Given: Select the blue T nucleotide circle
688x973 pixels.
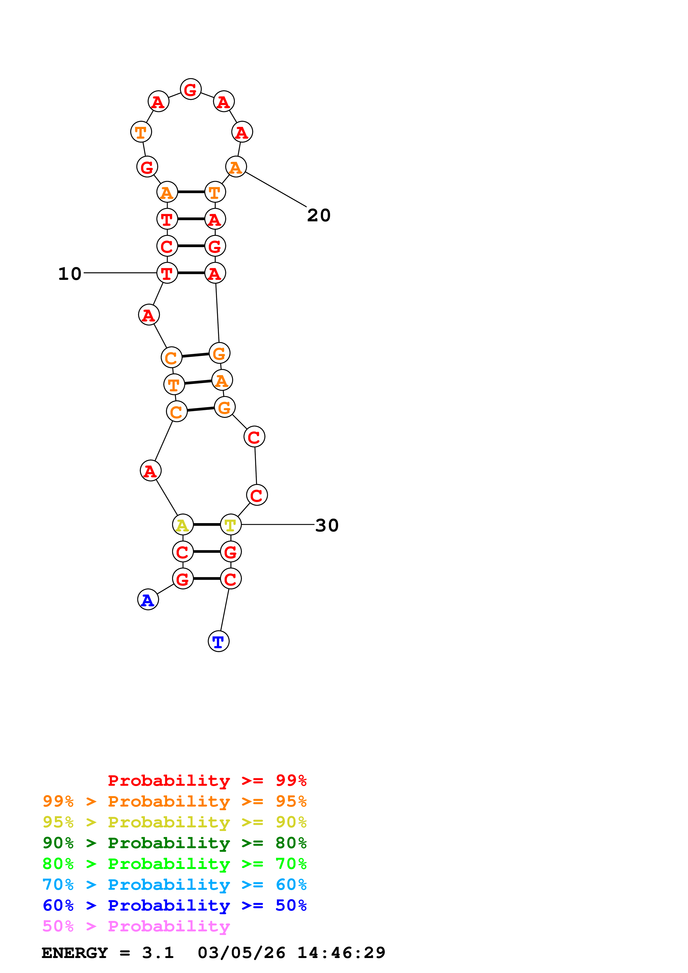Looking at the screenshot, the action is tap(218, 641).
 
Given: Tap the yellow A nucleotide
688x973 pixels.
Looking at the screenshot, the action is tap(183, 525).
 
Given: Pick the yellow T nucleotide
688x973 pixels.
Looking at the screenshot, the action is tap(231, 525).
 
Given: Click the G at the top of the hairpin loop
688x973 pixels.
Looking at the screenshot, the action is tap(190, 89).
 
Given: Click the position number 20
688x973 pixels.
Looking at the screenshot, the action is tap(319, 215).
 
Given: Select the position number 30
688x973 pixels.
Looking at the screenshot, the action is tap(327, 526).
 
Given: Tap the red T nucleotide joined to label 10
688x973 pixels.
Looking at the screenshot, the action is tap(167, 273).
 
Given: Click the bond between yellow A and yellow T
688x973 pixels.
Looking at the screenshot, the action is tap(207, 525).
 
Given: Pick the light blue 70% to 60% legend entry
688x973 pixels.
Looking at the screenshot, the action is tap(174, 885).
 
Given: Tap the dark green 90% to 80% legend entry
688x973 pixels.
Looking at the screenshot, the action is tap(174, 843).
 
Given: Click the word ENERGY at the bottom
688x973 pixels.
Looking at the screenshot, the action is tap(75, 953).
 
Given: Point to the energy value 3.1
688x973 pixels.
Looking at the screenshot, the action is tap(158, 953).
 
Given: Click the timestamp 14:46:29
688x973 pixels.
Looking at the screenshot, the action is tap(341, 953).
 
